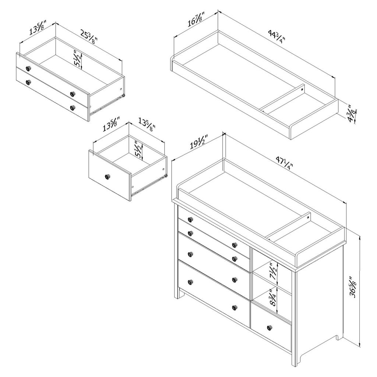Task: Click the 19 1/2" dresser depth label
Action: (198, 142)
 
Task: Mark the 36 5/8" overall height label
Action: (353, 287)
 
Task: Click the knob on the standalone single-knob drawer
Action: (108, 177)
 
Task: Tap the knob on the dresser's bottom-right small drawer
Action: (270, 327)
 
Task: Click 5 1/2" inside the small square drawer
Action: (138, 149)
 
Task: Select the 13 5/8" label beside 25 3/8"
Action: (38, 28)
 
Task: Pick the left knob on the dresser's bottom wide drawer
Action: (190, 282)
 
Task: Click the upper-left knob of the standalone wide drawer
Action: (28, 68)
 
